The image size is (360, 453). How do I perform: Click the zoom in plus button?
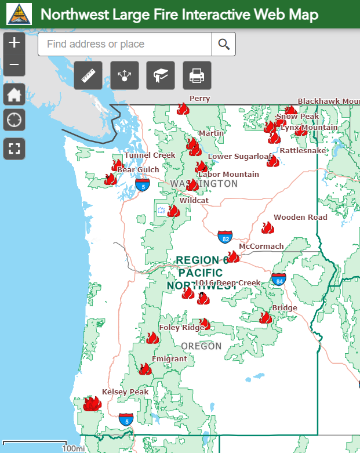pos(14,42)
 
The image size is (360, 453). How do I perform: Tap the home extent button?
pos(14,95)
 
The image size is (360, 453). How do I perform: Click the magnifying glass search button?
pos(224,44)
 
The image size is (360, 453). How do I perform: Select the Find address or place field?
pos(125,44)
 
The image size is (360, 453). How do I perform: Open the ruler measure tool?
pos(88,75)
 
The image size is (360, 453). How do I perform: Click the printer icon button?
pos(197,75)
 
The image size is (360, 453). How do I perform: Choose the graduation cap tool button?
pos(161,75)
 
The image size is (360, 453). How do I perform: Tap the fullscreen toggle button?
pos(14,148)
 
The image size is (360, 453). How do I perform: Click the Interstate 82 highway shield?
pos(226,237)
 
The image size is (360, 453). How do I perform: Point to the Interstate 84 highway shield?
pos(279,280)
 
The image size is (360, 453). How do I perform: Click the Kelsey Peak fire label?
pos(125,392)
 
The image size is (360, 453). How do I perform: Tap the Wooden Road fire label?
pos(300,218)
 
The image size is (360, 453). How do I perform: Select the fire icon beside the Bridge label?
pos(266,317)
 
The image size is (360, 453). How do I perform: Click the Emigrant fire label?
pos(169,359)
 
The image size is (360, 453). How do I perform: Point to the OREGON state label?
pos(201,346)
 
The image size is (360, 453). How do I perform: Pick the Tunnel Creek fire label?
pos(150,155)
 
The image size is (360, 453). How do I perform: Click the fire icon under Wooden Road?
pos(267,227)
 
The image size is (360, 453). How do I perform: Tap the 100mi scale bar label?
pos(74,448)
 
